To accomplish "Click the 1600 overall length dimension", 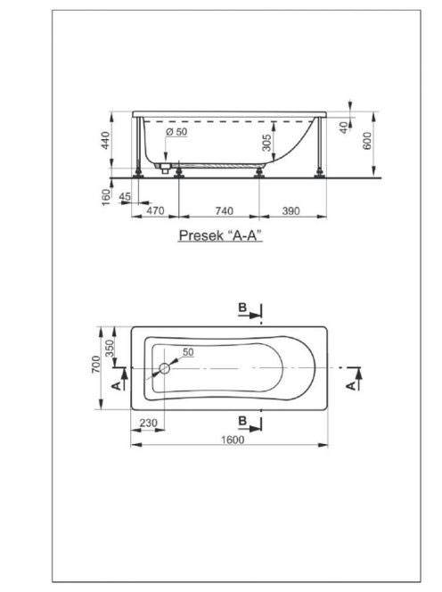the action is pos(233,440).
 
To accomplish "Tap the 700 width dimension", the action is pos(96,365).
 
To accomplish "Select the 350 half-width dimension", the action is pos(109,349).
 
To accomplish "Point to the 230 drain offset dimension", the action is pos(148,423).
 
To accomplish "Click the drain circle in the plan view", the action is pos(165,368).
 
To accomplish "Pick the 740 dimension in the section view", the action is pos(225,210).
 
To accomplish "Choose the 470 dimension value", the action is pos(155,210).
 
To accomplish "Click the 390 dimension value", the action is pos(291,210).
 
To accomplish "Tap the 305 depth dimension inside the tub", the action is pos(266,143).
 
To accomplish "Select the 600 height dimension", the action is pos(367,141).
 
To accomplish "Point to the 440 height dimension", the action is pos(106,140).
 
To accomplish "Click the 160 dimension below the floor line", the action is pos(106,197).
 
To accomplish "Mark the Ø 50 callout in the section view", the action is pos(176,132).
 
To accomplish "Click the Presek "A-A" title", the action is pos(220,235).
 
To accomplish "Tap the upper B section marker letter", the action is pos(242,308).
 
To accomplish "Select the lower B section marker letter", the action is pos(242,421).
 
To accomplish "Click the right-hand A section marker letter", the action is pos(351,385).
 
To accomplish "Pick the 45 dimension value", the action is pos(125,197).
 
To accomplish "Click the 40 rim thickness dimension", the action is pos(344,127).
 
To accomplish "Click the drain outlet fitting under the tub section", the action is pos(165,169).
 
